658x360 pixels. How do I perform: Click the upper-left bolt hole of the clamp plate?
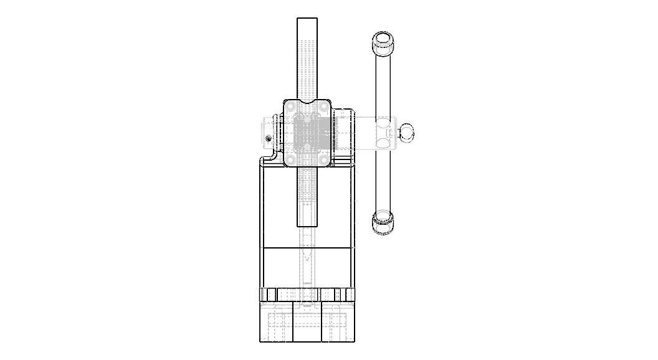[290, 107]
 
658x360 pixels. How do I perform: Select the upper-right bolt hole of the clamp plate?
[324, 107]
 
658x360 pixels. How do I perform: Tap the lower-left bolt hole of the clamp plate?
[290, 160]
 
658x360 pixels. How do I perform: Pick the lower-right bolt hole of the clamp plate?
[324, 160]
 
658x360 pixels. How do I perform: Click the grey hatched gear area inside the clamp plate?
[307, 133]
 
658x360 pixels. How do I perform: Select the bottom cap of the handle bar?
[383, 221]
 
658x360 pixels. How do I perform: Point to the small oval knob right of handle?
[406, 132]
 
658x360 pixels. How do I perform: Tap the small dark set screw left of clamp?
[269, 138]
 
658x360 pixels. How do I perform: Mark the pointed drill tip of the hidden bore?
[307, 258]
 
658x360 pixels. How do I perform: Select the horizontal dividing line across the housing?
[307, 249]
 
